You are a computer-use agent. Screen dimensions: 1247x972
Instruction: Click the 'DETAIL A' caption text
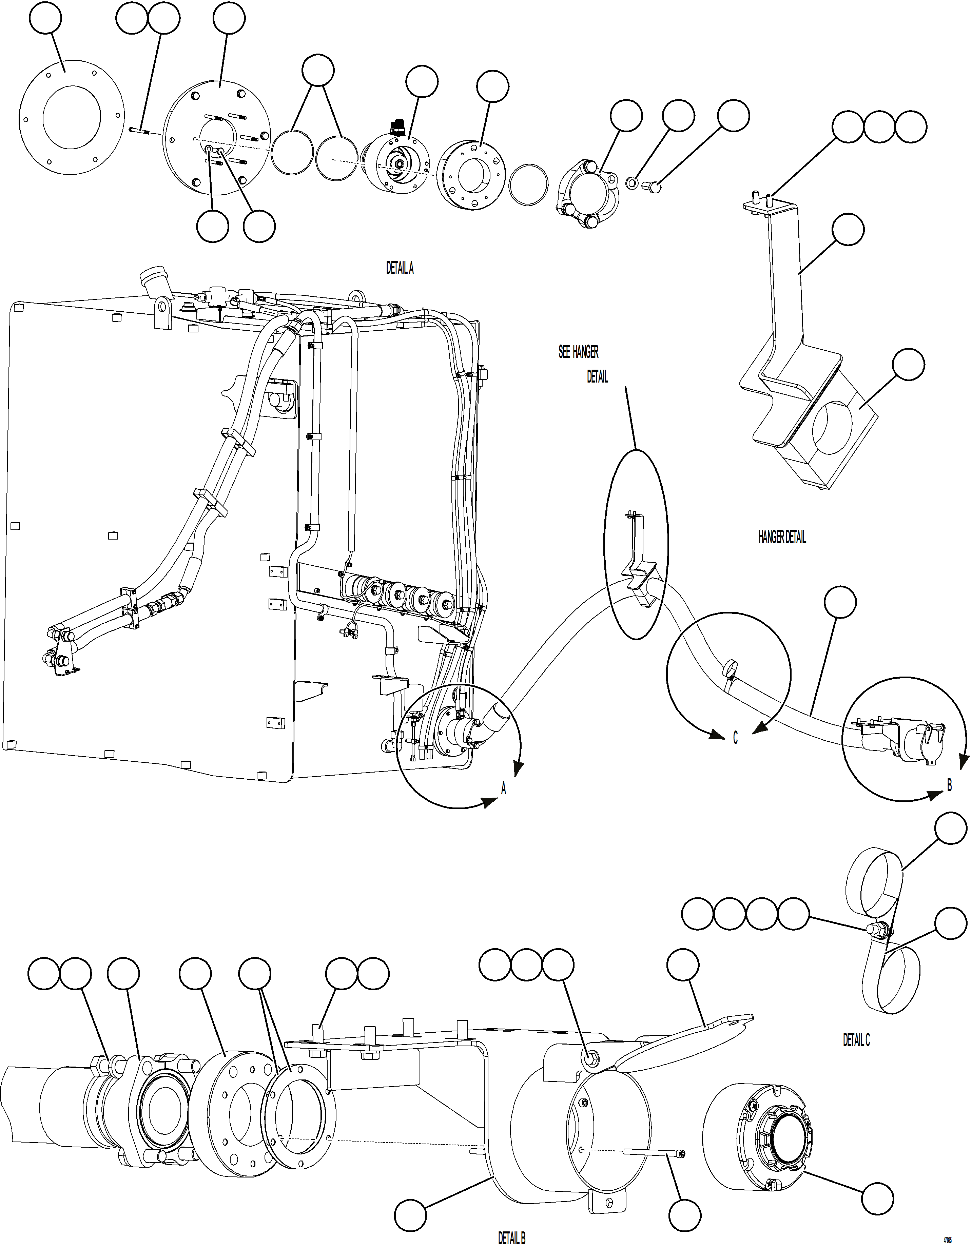click(x=400, y=268)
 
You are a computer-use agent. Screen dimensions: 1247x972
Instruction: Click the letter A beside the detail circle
click(x=504, y=790)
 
